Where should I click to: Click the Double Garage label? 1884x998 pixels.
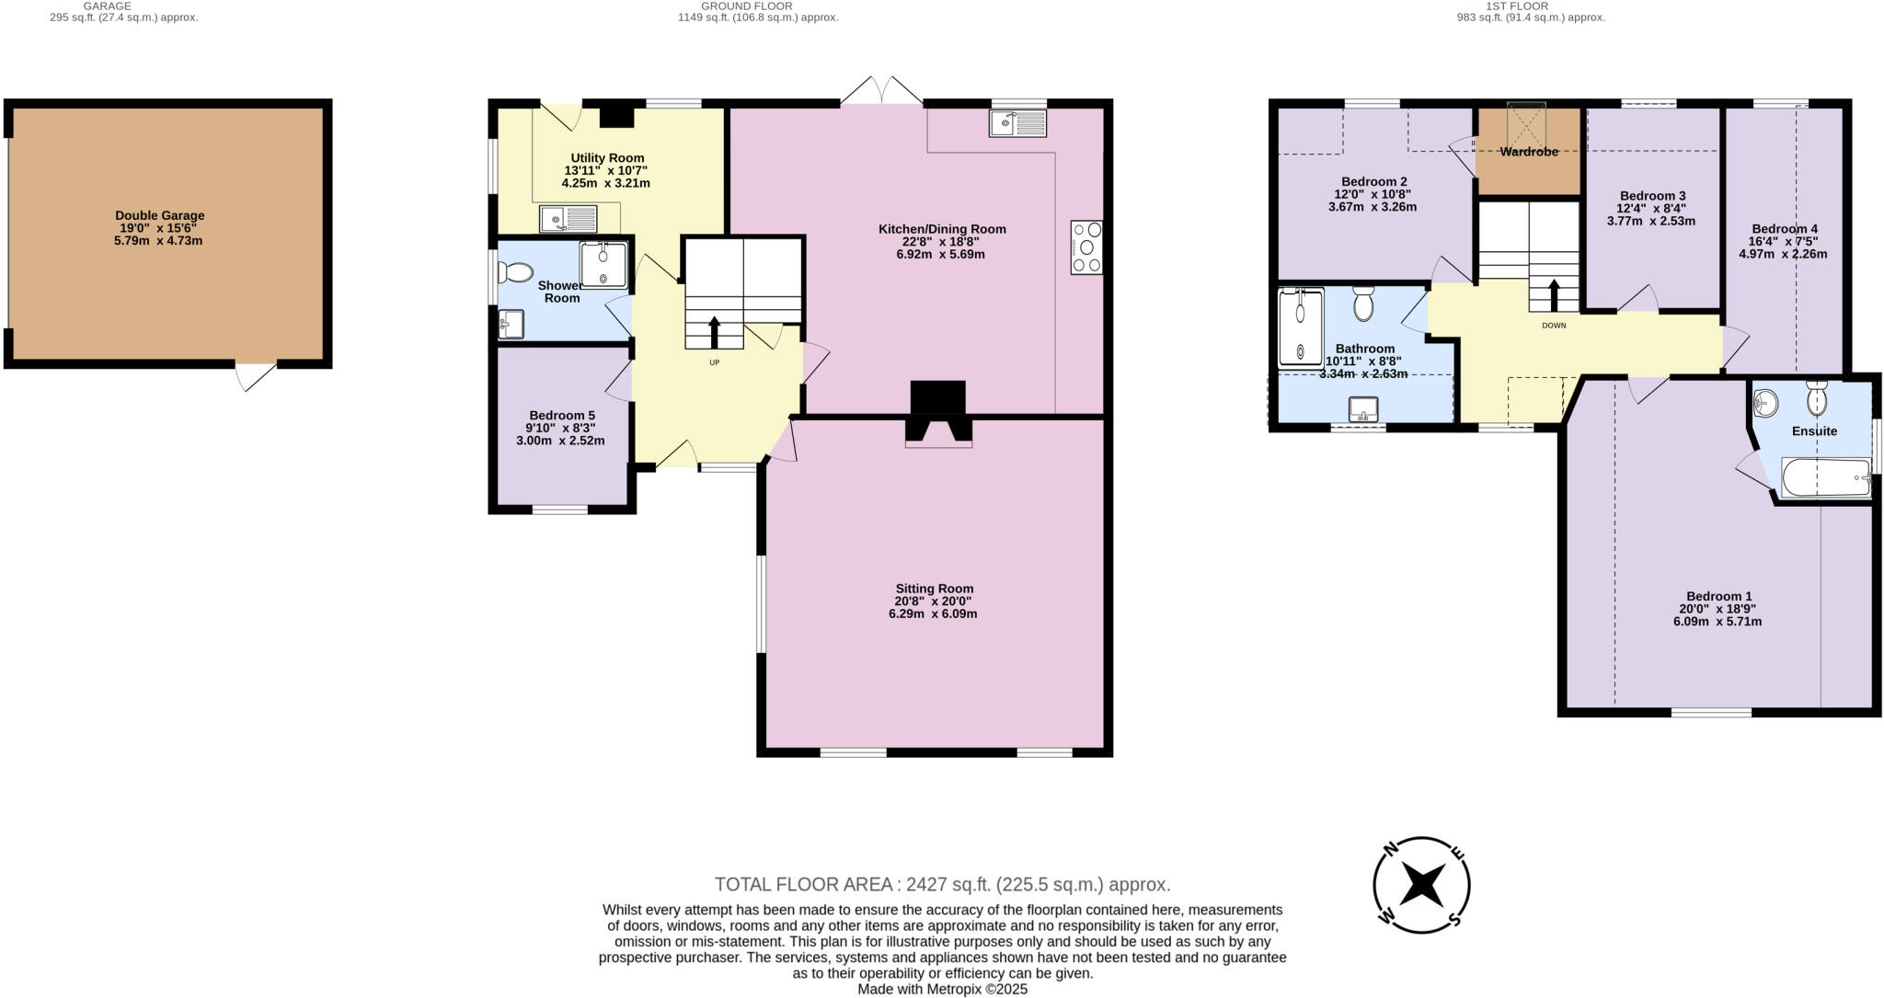coord(160,215)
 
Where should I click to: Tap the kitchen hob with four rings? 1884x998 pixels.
coord(1086,247)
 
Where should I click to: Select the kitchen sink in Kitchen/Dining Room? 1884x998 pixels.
coord(1017,122)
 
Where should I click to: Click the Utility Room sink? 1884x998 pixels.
coord(569,219)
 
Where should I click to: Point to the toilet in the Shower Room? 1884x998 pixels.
coord(515,272)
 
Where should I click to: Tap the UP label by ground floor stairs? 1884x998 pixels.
coord(714,362)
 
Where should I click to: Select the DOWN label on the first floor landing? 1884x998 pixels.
coord(1554,325)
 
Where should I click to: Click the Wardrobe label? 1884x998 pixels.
coord(1529,152)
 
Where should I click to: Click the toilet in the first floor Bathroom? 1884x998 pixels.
coord(1363,303)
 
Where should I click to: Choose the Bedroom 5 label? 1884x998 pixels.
coord(561,415)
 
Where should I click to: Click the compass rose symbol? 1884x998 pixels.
coord(1421,886)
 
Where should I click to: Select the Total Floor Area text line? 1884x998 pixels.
coord(942,885)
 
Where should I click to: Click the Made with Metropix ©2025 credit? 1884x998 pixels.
coord(942,990)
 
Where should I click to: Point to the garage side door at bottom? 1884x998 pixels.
coord(256,376)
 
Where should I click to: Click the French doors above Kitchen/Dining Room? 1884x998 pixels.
coord(881,92)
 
